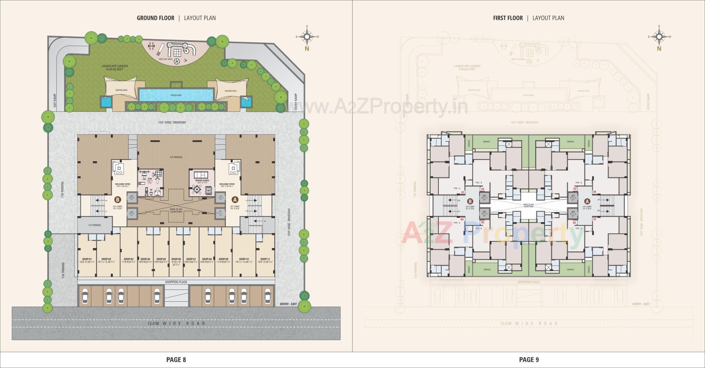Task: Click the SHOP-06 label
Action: pos(176,259)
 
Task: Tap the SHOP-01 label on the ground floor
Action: pos(88,259)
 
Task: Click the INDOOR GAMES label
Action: pos(202,181)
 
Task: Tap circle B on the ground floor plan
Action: pos(117,200)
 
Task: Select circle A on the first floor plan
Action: pos(587,201)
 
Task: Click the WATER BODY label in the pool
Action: pos(176,95)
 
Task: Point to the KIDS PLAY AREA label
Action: pos(166,59)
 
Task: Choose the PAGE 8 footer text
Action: pos(176,360)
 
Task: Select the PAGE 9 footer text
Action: pos(529,360)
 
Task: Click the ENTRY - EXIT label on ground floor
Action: pos(288,304)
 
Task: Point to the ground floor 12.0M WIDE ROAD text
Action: pos(176,323)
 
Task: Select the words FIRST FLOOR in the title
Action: pos(508,18)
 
